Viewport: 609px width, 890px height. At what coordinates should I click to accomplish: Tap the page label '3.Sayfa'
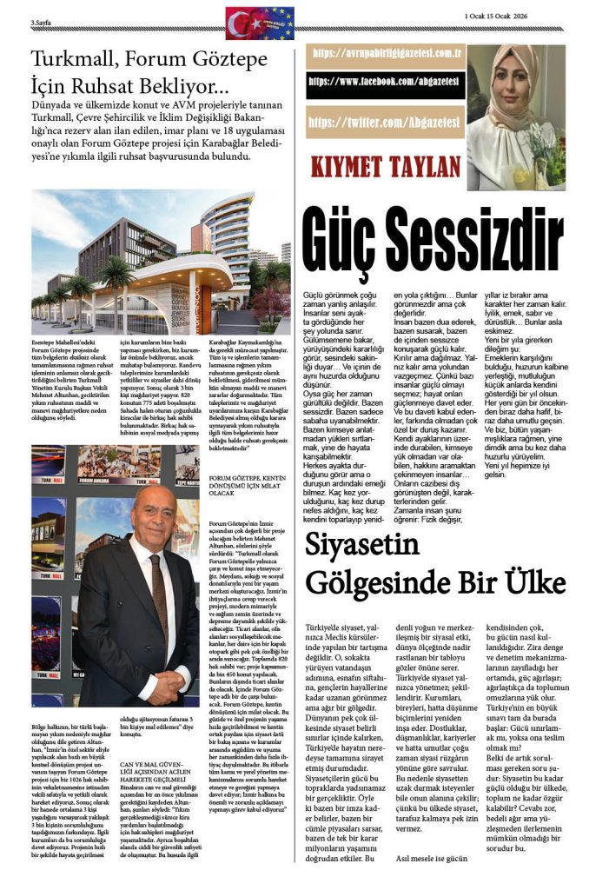pyautogui.click(x=43, y=23)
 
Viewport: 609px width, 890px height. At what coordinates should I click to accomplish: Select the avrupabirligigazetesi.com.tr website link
pyautogui.click(x=384, y=52)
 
